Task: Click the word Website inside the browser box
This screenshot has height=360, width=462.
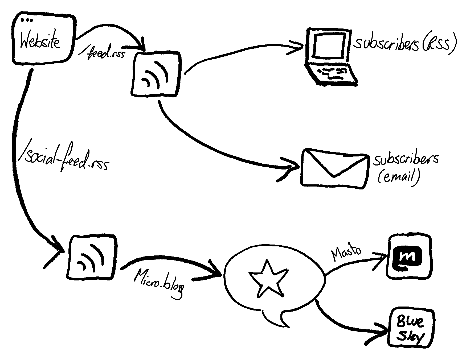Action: point(40,42)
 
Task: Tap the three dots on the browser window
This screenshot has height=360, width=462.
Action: point(27,20)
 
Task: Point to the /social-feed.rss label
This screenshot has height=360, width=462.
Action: point(63,160)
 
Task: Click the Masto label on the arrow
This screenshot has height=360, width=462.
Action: point(346,252)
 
